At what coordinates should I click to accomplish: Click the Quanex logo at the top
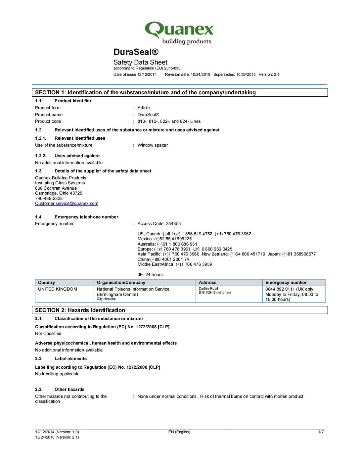pyautogui.click(x=179, y=33)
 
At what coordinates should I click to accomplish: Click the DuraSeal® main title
pyautogui.click(x=136, y=52)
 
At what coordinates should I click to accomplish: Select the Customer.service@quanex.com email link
pyautogui.click(x=67, y=204)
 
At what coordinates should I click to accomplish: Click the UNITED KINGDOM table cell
pyautogui.click(x=58, y=289)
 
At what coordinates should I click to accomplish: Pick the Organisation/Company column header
pyautogui.click(x=121, y=283)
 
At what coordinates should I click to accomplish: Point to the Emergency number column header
pyautogui.click(x=286, y=283)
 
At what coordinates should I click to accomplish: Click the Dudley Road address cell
pyautogui.click(x=208, y=289)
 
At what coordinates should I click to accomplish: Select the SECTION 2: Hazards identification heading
pyautogui.click(x=80, y=310)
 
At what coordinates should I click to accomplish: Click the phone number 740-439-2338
pyautogui.click(x=49, y=199)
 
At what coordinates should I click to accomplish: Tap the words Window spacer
pyautogui.click(x=153, y=145)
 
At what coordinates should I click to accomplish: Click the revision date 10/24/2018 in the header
pyautogui.click(x=200, y=74)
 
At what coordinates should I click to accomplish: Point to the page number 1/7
pyautogui.click(x=321, y=432)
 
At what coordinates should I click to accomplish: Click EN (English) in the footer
pyautogui.click(x=179, y=432)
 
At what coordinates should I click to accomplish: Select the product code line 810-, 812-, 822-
pyautogui.click(x=169, y=121)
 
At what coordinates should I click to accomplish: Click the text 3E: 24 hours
pyautogui.click(x=150, y=275)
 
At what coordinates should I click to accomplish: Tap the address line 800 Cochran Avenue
pyautogui.click(x=56, y=188)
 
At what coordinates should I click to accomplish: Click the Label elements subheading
pyautogui.click(x=70, y=359)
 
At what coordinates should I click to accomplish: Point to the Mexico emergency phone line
pyautogui.click(x=164, y=239)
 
